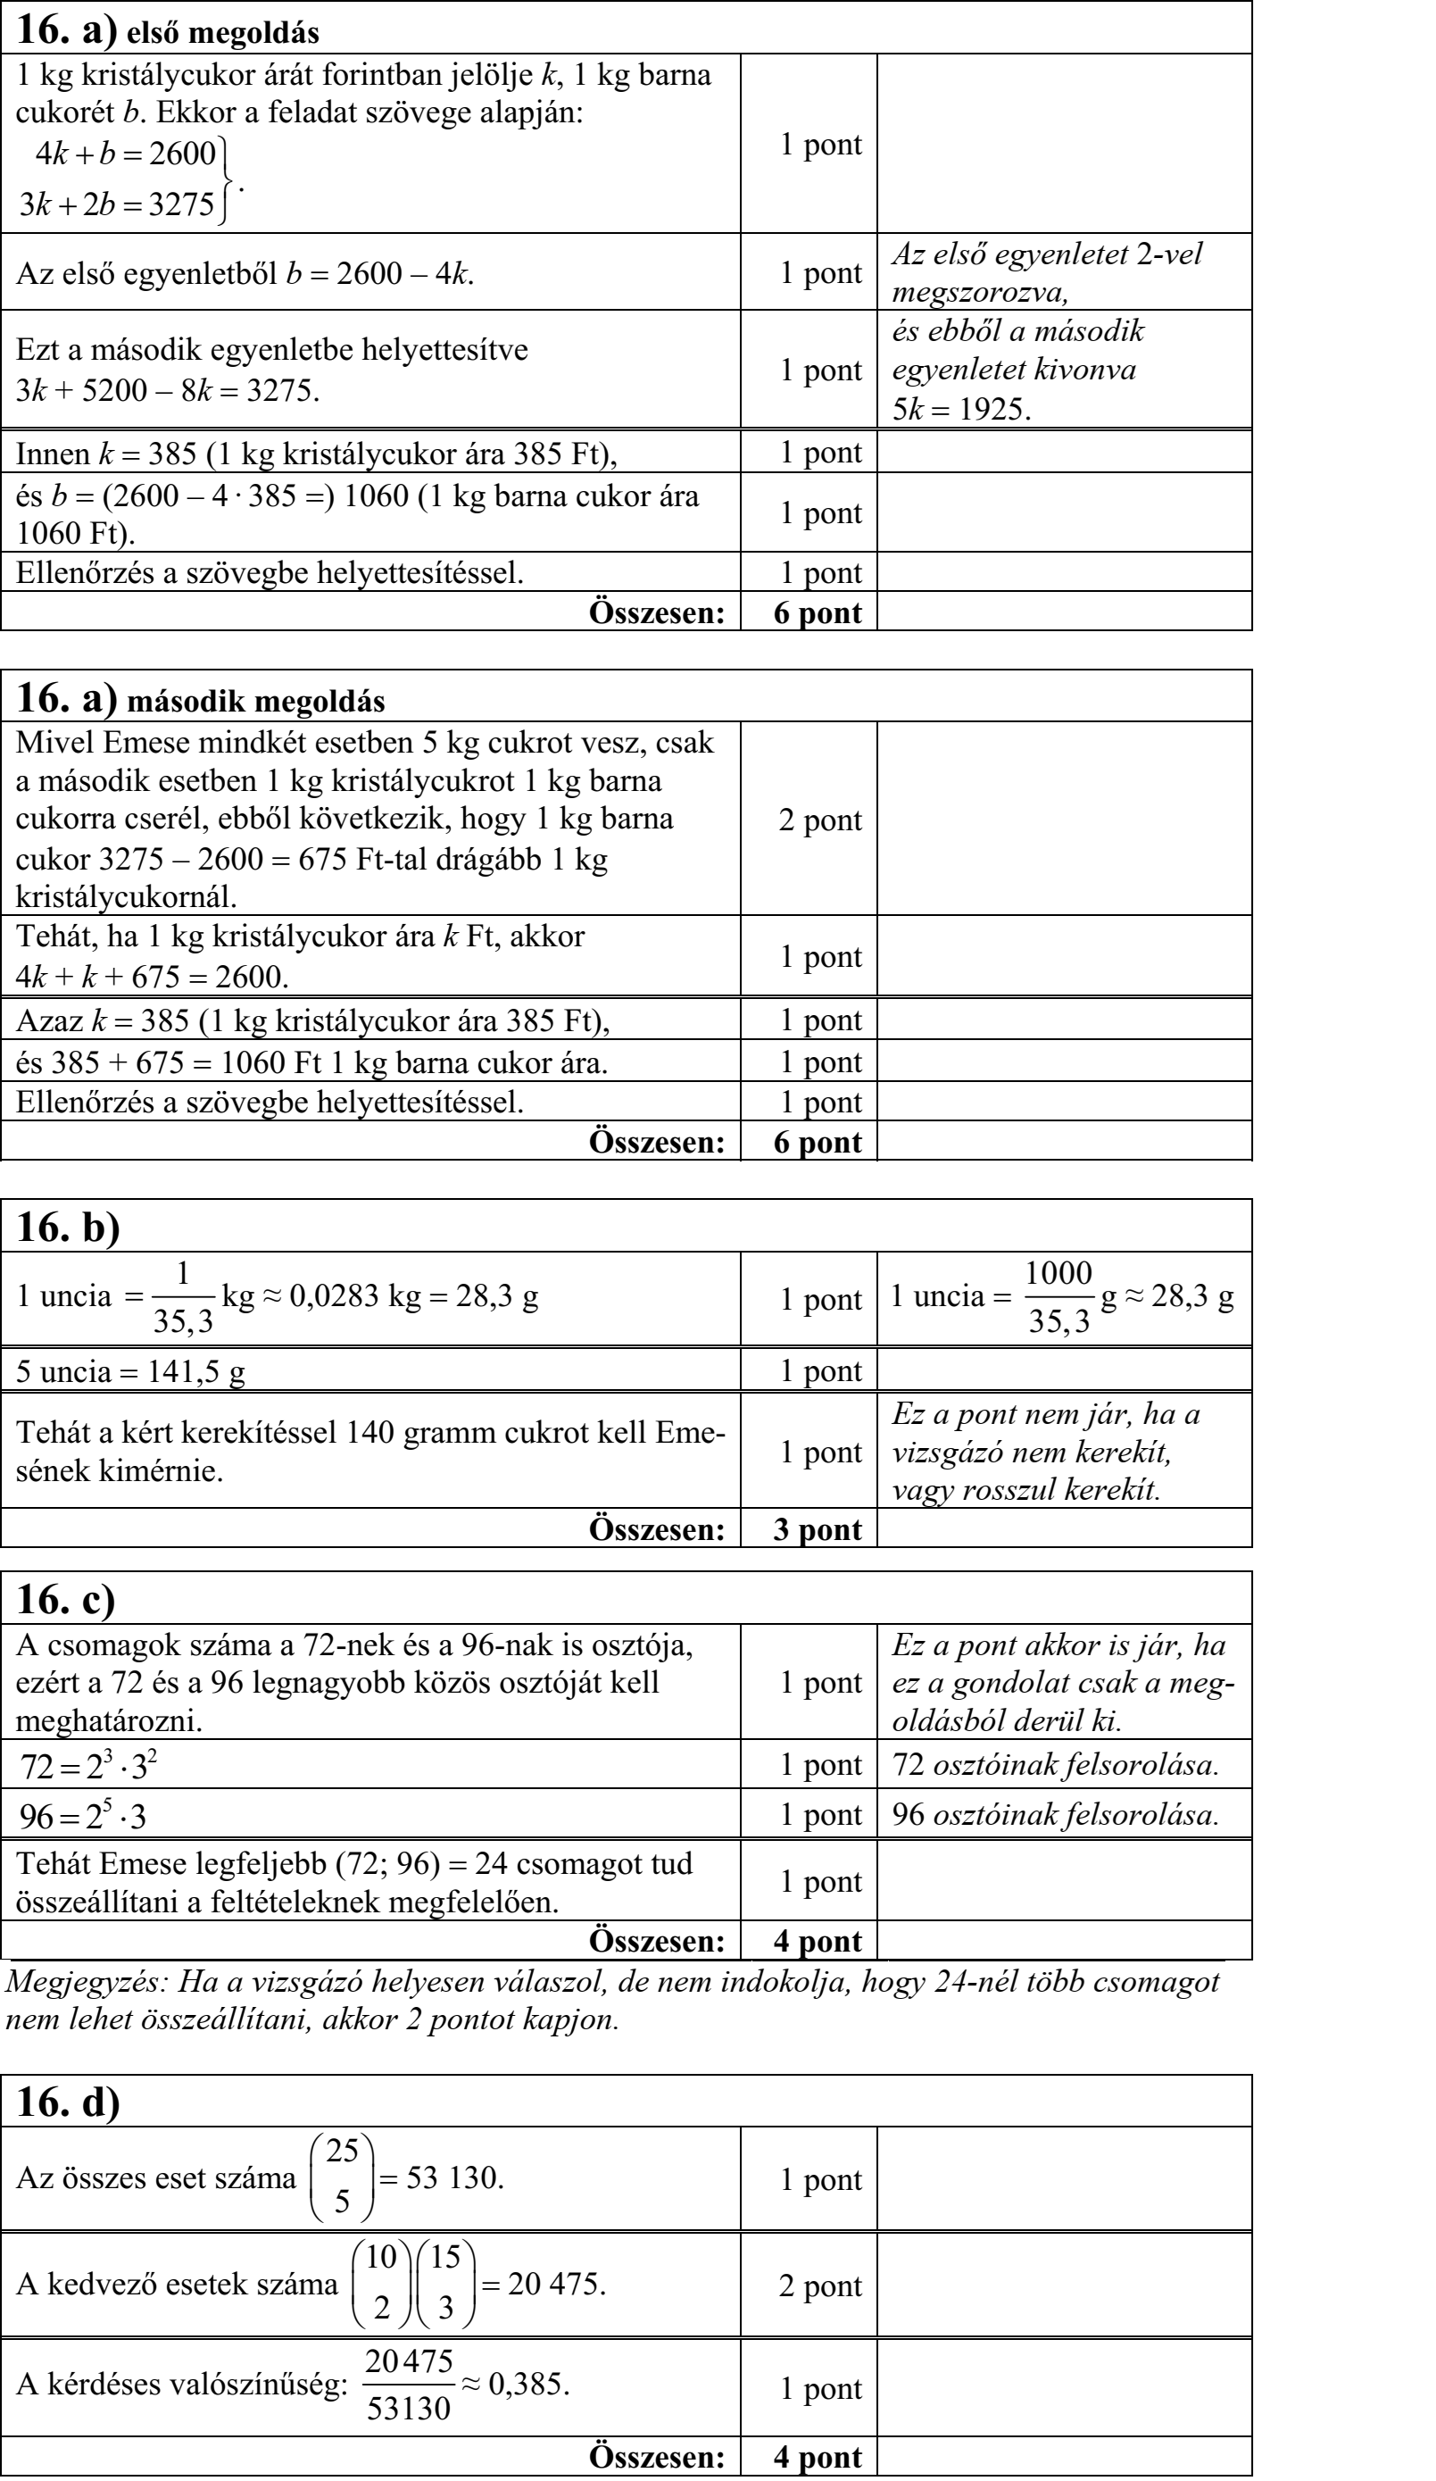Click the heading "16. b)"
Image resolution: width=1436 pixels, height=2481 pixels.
pyautogui.click(x=68, y=1227)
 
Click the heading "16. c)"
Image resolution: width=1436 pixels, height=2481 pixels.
pyautogui.click(x=66, y=1599)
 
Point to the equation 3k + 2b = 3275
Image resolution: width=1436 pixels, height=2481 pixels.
pyautogui.click(x=117, y=204)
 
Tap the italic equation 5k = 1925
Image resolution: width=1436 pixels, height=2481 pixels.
pyautogui.click(x=960, y=409)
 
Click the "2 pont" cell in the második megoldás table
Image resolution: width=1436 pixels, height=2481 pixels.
pyautogui.click(x=819, y=820)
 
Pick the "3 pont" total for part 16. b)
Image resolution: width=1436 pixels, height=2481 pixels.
pyautogui.click(x=817, y=1529)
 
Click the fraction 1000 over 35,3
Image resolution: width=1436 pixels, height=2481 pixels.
pyautogui.click(x=1058, y=1297)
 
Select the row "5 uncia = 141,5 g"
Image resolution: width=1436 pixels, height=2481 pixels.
pyautogui.click(x=131, y=1370)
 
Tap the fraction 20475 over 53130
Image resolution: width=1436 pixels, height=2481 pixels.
pyautogui.click(x=409, y=2385)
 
